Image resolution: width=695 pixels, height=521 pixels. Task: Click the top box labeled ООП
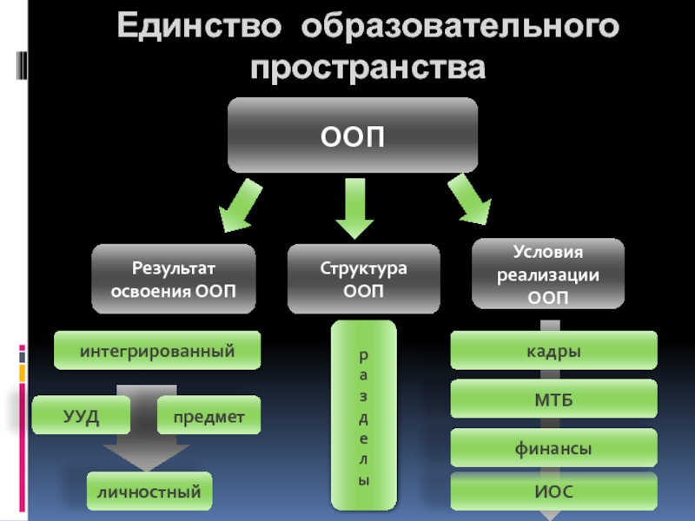click(x=353, y=135)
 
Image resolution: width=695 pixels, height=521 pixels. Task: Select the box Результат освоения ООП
click(x=174, y=279)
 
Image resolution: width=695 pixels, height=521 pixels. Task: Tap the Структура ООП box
click(x=363, y=279)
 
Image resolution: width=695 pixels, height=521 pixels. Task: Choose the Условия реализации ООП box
click(x=548, y=274)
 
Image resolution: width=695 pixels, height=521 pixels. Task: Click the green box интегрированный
click(x=157, y=350)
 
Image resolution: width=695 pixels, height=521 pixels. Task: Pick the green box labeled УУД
click(x=81, y=415)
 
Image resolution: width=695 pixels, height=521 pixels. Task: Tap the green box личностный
click(x=149, y=492)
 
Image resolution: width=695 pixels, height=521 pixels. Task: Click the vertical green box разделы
click(x=364, y=416)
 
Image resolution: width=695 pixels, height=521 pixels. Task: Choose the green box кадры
click(x=553, y=350)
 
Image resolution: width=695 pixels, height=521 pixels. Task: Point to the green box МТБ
click(x=553, y=399)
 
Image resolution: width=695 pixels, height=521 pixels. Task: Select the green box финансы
click(x=553, y=448)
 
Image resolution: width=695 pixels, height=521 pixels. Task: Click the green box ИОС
click(x=553, y=491)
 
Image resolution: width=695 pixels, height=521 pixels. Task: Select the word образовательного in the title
click(x=460, y=28)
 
